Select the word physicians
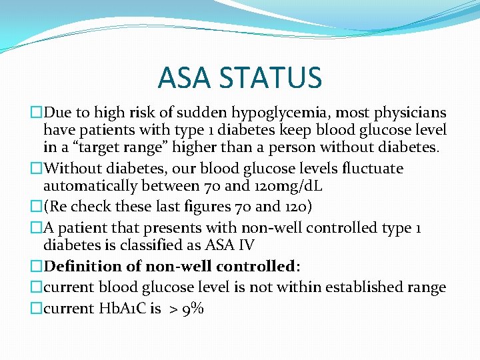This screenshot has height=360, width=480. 412,113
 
